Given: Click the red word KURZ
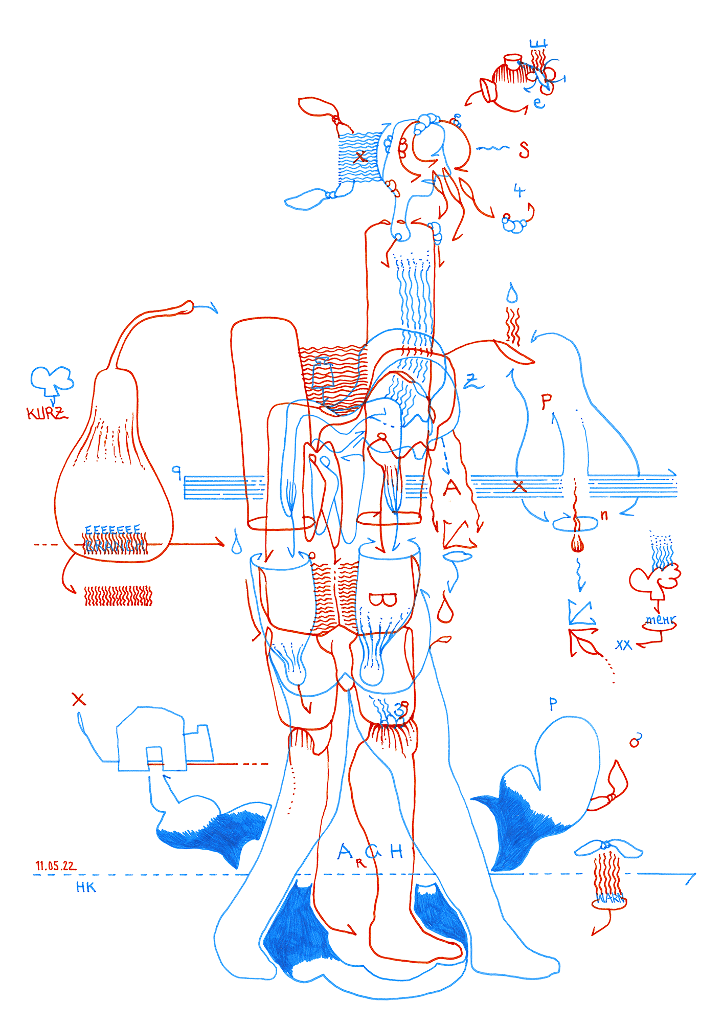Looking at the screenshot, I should click(x=47, y=413).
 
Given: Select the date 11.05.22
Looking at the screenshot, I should click(x=55, y=865).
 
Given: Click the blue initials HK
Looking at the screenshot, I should click(x=86, y=887).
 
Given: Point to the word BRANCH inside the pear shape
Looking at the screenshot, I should click(x=115, y=546).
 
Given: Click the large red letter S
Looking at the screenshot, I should click(x=524, y=150).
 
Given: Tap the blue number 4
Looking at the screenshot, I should click(x=519, y=191).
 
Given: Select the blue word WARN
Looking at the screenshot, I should click(x=609, y=898).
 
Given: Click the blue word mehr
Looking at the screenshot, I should click(x=660, y=620).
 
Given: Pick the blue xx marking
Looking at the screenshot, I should click(x=623, y=646).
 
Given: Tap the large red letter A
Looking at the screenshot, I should click(x=451, y=487).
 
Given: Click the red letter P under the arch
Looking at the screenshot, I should click(x=547, y=402).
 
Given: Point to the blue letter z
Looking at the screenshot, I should click(x=472, y=381).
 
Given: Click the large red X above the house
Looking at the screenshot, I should click(x=78, y=699).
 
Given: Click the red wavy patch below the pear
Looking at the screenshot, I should click(x=118, y=596).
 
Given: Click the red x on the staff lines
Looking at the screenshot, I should click(x=519, y=486).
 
